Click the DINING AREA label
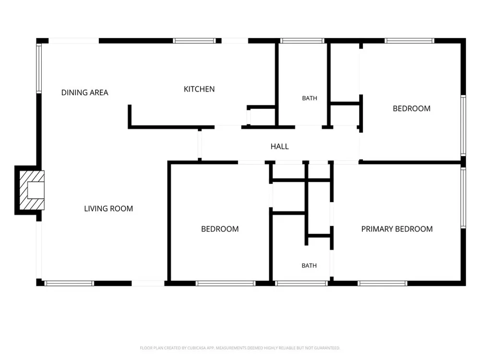pos(85,93)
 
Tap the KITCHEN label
pos(199,89)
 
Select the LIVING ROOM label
pos(108,208)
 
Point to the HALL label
pos(279,146)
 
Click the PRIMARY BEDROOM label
pos(397,229)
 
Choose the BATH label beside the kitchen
pos(310,98)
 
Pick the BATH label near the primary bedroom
pos(309,266)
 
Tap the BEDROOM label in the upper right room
pos(411,108)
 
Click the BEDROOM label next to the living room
pos(220,229)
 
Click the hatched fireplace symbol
pos(32,190)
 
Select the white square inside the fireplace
pos(36,190)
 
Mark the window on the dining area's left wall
pos(39,68)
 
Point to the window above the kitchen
pos(194,41)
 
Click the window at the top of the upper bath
pos(302,41)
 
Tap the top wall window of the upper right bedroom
pos(409,41)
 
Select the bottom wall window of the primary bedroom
pos(383,284)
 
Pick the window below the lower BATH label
pos(301,284)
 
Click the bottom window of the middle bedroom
pos(225,284)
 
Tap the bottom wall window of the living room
pos(69,284)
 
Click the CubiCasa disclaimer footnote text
pos(240,348)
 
